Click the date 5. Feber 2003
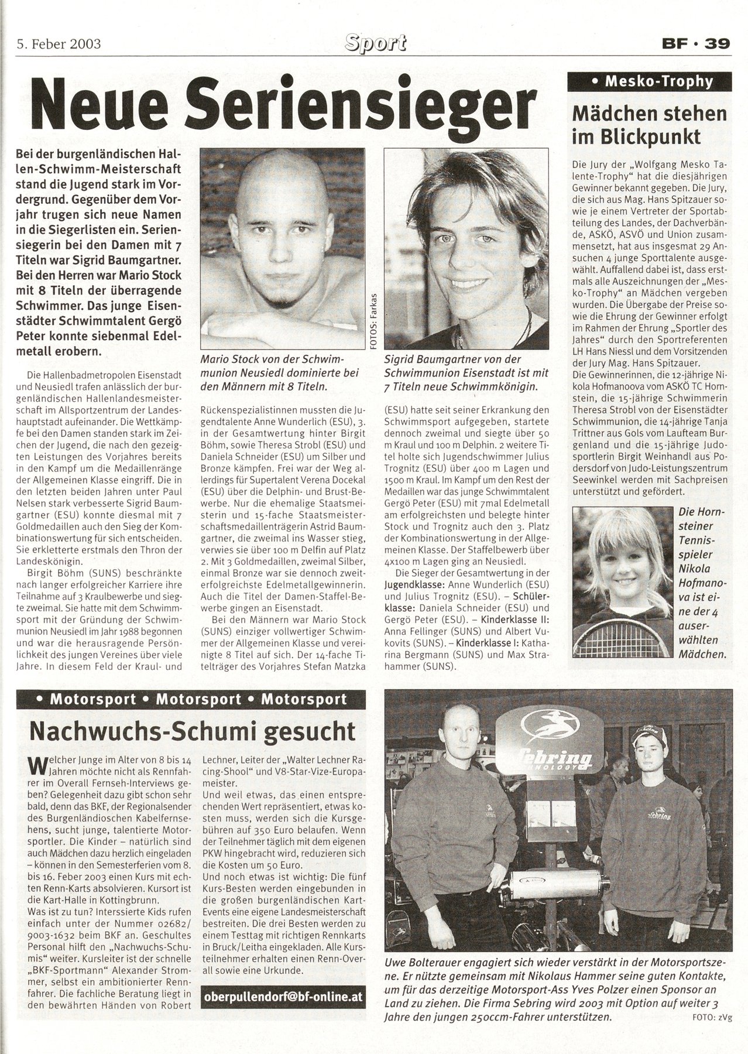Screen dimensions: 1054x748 click(x=59, y=44)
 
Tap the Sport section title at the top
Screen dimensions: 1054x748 click(x=375, y=43)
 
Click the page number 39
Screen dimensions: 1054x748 click(x=717, y=44)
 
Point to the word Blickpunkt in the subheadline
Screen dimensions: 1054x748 click(x=652, y=137)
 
